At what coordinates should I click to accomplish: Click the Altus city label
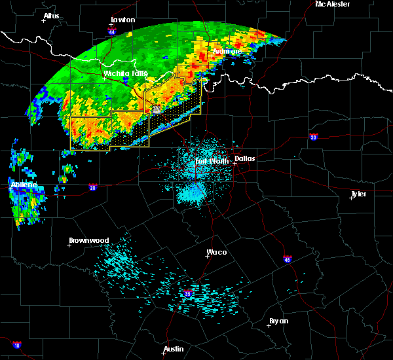click(51, 16)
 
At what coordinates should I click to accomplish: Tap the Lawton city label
click(122, 20)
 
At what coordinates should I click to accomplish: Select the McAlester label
click(332, 4)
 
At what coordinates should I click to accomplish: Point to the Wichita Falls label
click(126, 73)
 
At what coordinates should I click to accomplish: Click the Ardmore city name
click(227, 50)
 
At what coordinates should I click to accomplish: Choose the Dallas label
click(245, 158)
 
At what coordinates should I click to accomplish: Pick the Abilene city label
click(24, 185)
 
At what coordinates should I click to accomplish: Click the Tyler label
click(358, 194)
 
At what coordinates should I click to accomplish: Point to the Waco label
click(217, 251)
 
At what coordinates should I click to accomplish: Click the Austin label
click(174, 349)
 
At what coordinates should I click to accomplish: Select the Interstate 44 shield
click(112, 31)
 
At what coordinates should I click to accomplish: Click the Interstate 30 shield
click(314, 137)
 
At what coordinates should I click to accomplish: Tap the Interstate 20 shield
click(92, 188)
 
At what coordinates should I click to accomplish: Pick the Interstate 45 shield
click(288, 259)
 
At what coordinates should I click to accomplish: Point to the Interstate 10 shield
click(16, 345)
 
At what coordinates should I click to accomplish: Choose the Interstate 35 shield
click(189, 293)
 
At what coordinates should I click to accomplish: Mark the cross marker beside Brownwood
click(69, 245)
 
